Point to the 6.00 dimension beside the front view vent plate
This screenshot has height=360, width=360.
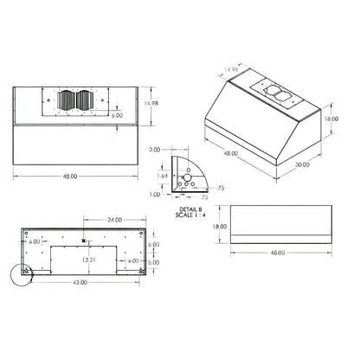pos(118,114)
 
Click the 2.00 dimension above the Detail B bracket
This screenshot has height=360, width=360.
pos(156,149)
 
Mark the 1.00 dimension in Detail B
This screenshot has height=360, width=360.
pos(156,194)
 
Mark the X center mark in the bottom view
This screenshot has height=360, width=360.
pos(83,241)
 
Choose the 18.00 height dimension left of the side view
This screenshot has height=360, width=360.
pos(220,227)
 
